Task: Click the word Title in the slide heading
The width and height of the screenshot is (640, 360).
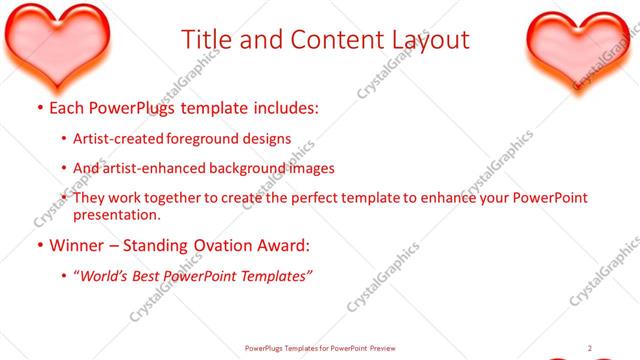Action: click(207, 40)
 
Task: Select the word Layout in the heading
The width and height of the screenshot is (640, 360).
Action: click(424, 40)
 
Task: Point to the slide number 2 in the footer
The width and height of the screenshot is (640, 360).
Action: click(589, 348)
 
